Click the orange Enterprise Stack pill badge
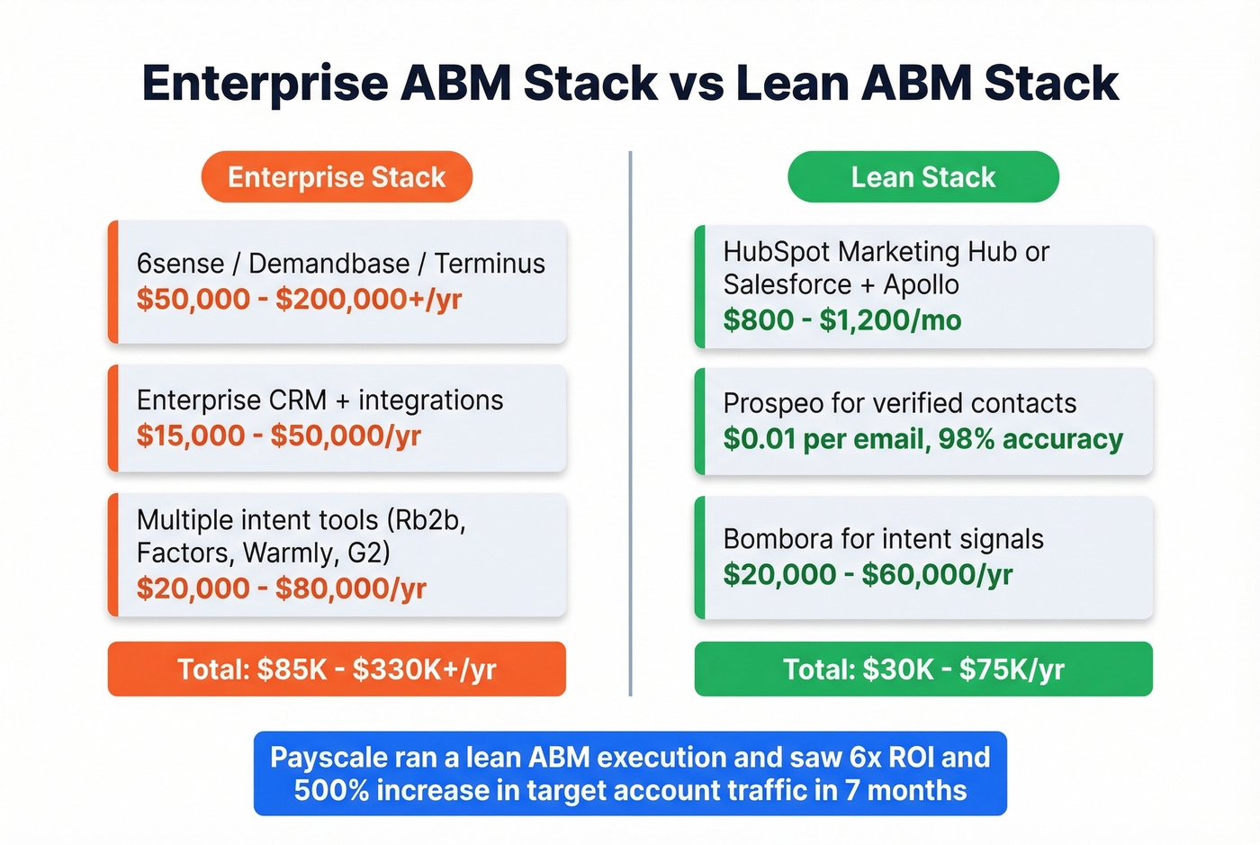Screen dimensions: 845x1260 point(337,177)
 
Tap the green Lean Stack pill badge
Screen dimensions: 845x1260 point(922,177)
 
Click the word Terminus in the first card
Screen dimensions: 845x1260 point(490,264)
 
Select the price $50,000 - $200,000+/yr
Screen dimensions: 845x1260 point(299,300)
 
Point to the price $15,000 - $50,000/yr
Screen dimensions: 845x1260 point(278,436)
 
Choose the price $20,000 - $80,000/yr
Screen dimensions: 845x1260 point(281,589)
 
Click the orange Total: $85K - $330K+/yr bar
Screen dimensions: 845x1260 point(337,670)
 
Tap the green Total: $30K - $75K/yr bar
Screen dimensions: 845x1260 point(922,670)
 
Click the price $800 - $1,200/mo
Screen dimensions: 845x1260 point(841,320)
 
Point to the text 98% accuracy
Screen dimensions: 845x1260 point(1030,439)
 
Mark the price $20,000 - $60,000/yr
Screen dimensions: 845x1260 point(868,575)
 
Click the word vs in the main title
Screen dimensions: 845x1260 point(697,84)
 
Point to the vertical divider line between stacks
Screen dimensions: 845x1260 point(630,423)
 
